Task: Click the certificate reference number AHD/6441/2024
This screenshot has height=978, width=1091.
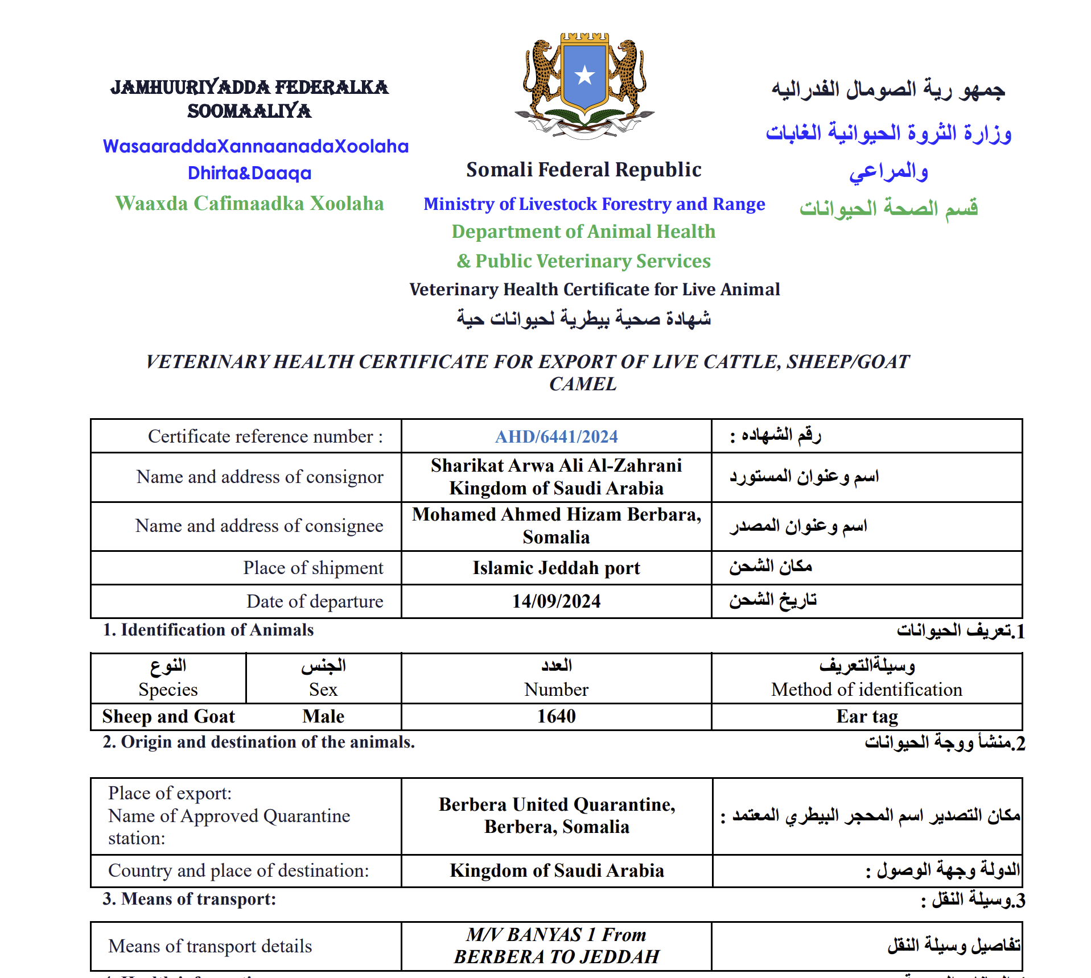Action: point(556,436)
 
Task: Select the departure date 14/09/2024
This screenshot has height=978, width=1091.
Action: point(556,601)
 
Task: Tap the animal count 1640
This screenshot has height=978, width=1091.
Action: point(556,716)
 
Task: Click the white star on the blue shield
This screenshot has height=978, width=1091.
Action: point(584,75)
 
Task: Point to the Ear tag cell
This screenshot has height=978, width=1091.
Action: point(867,716)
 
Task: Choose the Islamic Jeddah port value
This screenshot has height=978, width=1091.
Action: point(556,568)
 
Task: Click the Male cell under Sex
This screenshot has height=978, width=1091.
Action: point(323,716)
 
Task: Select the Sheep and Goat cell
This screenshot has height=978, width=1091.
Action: point(168,716)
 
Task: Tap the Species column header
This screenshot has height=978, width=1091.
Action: point(168,689)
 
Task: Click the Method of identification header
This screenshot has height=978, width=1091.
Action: point(867,689)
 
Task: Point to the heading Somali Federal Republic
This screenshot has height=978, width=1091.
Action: point(583,170)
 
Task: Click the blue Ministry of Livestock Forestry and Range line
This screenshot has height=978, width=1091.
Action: point(594,204)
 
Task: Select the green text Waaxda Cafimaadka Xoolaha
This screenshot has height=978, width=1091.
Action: point(249,203)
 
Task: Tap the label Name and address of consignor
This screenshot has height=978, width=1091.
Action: point(260,477)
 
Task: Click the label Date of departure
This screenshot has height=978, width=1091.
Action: point(315,601)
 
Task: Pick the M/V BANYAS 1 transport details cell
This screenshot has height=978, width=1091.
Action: point(556,946)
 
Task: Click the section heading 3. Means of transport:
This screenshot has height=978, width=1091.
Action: point(189,899)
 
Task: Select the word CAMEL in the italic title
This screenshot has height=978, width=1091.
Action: point(583,384)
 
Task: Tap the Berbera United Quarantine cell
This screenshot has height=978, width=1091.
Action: point(556,815)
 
